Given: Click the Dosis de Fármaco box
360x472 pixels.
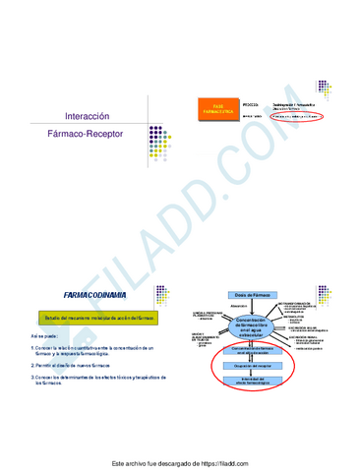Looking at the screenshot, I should (257, 295).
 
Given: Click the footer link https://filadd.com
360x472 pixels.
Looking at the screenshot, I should (225, 462).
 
